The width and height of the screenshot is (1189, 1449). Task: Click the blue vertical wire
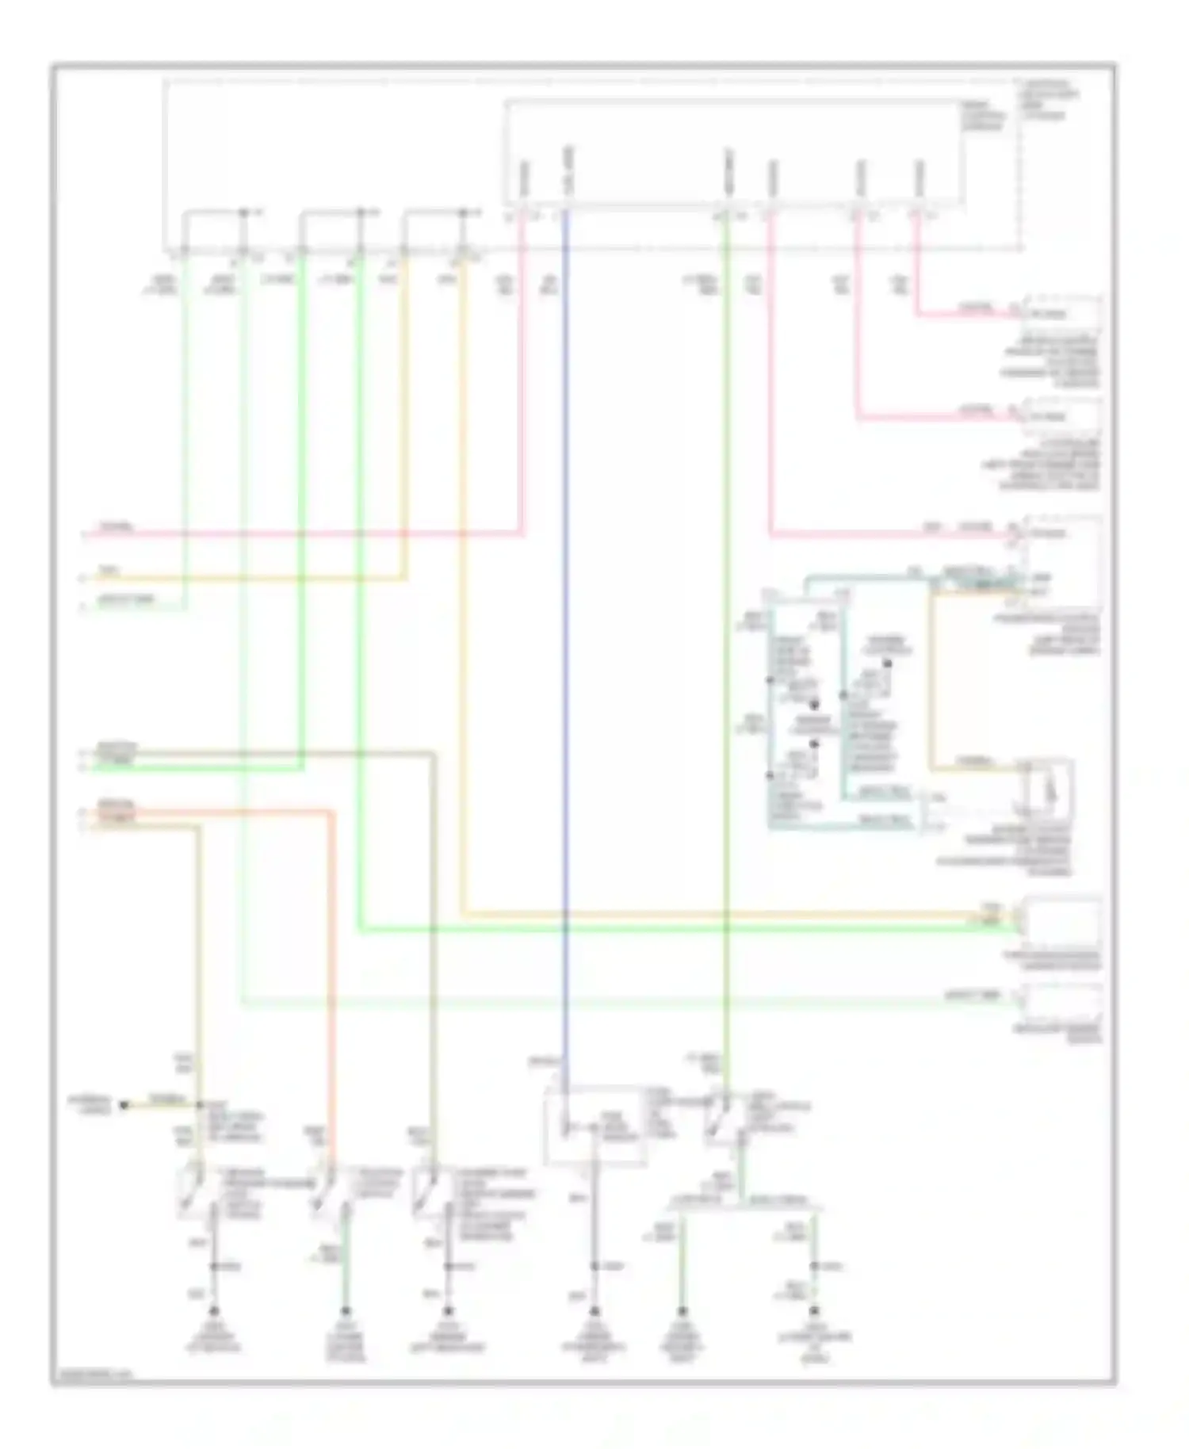[566, 634]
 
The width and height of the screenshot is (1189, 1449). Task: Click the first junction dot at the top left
[243, 212]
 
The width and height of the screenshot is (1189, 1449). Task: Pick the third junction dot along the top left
[466, 212]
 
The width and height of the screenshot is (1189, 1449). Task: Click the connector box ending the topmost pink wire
[1062, 315]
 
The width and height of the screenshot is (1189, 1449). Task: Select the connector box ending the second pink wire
[1062, 416]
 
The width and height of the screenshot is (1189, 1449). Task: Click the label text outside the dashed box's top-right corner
[1054, 99]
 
